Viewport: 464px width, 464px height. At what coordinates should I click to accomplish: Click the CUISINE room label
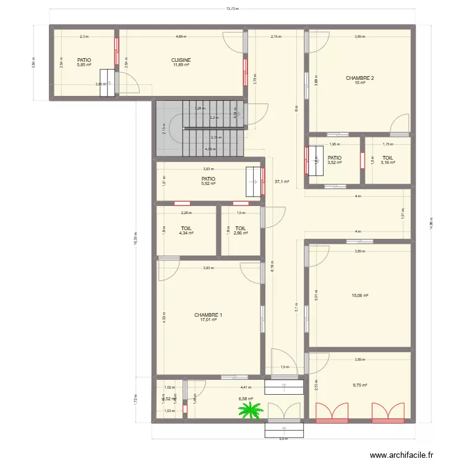(181, 60)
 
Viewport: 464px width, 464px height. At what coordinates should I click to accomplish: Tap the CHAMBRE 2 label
(359, 78)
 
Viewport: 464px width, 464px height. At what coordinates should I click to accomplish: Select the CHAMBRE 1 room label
(208, 315)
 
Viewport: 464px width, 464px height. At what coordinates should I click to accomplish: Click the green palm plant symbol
(251, 410)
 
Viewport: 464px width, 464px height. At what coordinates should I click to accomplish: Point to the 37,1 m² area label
(281, 182)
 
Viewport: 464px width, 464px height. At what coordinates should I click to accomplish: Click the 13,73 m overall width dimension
(232, 9)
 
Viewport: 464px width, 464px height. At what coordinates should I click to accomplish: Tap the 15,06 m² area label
(359, 296)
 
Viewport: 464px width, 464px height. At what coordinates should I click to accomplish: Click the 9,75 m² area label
(359, 385)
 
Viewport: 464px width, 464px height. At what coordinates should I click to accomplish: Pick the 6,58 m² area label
(246, 399)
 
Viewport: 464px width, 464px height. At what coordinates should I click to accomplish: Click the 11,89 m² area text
(181, 65)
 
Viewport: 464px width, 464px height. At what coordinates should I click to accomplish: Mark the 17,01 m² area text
(208, 320)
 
